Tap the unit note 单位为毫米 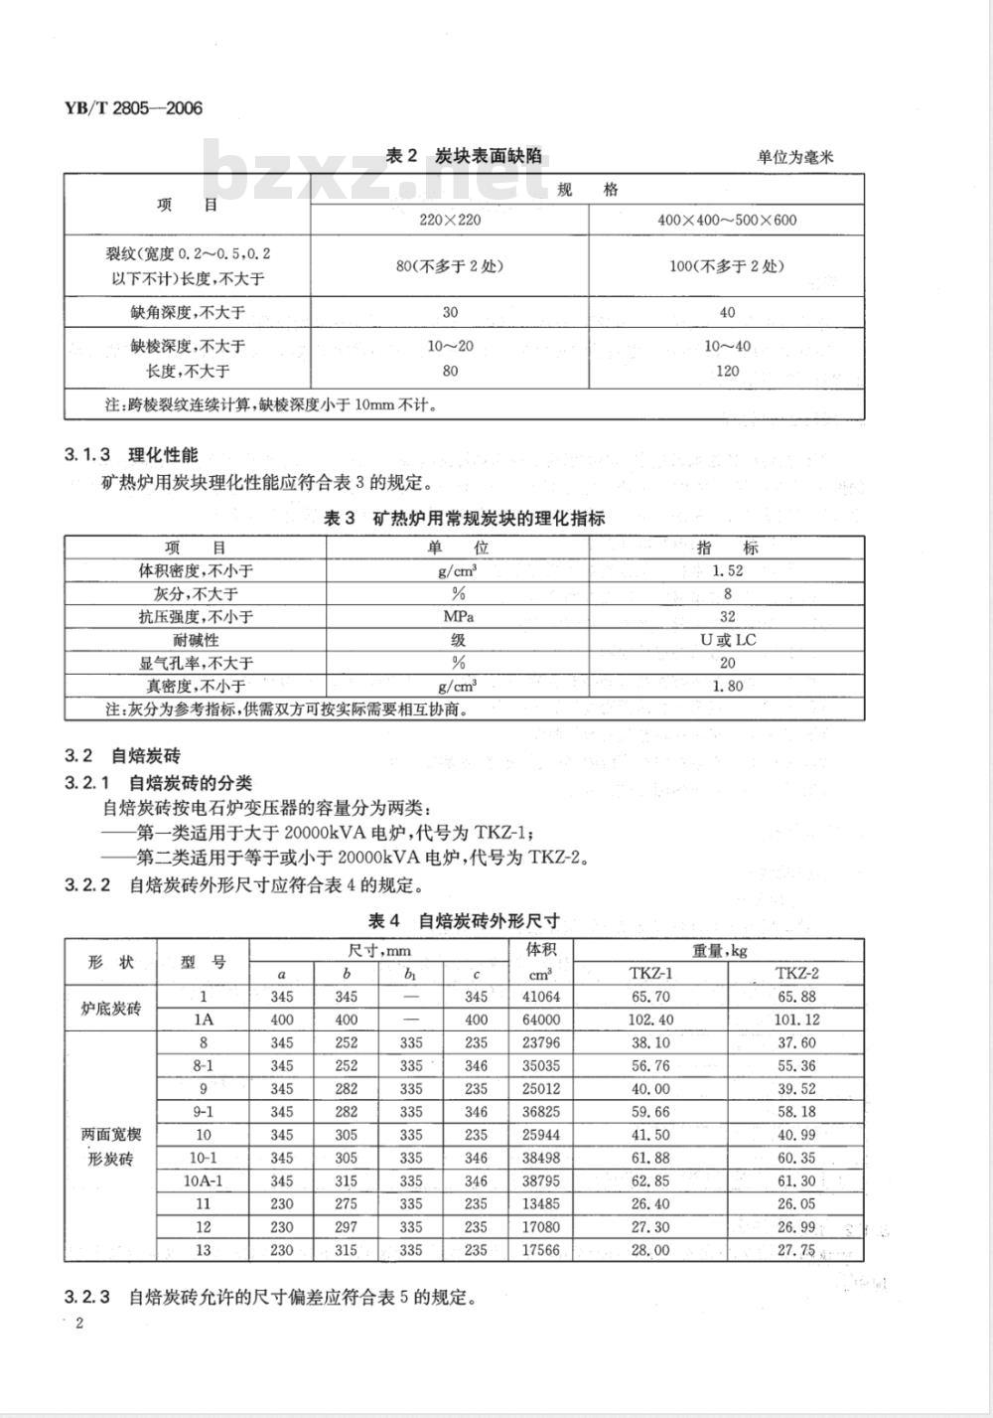(794, 157)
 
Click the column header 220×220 (450, 220)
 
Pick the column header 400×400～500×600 (727, 220)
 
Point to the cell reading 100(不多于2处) (727, 266)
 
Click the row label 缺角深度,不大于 (188, 312)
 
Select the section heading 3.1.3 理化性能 (131, 455)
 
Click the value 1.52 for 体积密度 (727, 570)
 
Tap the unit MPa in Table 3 (458, 616)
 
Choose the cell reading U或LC (727, 639)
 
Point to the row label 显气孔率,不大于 (196, 662)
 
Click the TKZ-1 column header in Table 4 (650, 974)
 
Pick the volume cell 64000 (541, 1020)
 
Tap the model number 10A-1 (204, 1181)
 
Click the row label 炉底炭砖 (111, 1008)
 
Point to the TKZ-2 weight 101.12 (796, 1020)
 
